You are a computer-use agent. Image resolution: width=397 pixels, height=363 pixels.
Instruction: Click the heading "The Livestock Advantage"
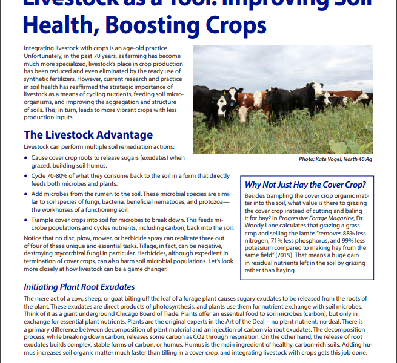click(88, 135)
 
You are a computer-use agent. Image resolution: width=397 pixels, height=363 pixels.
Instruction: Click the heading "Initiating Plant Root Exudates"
click(79, 287)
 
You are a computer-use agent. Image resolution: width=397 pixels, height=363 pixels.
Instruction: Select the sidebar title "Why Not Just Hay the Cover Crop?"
click(305, 185)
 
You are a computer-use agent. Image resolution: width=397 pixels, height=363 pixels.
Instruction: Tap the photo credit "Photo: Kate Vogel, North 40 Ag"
click(344, 159)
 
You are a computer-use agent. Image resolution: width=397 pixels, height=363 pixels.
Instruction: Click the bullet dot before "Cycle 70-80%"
click(26, 175)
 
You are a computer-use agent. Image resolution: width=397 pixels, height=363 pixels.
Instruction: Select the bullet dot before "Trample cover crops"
click(26, 220)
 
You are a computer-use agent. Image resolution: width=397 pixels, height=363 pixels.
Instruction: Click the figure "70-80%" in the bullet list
click(55, 175)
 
